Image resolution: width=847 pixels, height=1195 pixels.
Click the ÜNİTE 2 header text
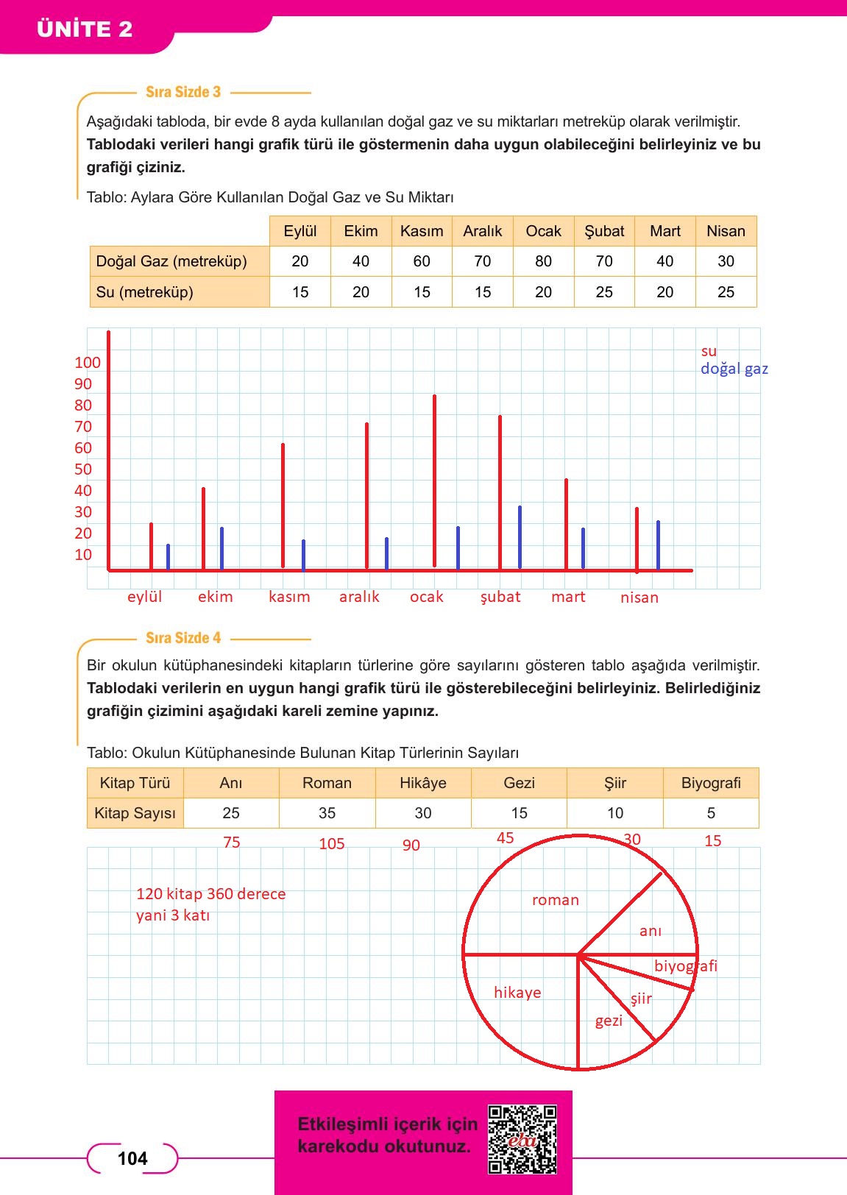click(x=85, y=29)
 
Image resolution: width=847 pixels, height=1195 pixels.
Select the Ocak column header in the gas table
click(x=543, y=231)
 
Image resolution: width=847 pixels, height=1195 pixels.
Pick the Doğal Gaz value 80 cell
click(x=543, y=261)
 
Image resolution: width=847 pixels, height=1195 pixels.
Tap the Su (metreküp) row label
click(x=145, y=292)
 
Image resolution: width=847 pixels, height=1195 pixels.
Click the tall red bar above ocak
click(x=434, y=478)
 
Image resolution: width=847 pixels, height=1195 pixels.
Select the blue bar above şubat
click(x=520, y=537)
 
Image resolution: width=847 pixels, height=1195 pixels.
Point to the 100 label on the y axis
click(x=87, y=363)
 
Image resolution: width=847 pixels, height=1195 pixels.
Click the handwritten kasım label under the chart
click(x=289, y=597)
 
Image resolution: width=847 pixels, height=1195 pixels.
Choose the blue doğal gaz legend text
click(x=734, y=369)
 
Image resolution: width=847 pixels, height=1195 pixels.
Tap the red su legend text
click(x=709, y=351)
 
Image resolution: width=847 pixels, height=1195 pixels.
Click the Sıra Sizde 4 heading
click(x=183, y=638)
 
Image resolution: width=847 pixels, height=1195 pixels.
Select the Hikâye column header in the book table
click(x=423, y=783)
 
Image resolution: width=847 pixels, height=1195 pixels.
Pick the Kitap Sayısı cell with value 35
click(x=327, y=813)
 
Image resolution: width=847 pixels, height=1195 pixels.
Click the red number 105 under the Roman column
click(x=331, y=844)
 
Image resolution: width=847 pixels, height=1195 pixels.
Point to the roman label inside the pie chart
click(x=556, y=900)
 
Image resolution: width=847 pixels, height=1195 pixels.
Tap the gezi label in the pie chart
click(x=609, y=1021)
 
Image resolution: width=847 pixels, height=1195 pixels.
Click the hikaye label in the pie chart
click(x=517, y=993)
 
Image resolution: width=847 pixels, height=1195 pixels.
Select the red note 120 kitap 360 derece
click(x=210, y=894)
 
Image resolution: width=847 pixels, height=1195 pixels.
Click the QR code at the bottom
click(x=522, y=1139)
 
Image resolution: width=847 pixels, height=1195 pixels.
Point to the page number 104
click(x=132, y=1159)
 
